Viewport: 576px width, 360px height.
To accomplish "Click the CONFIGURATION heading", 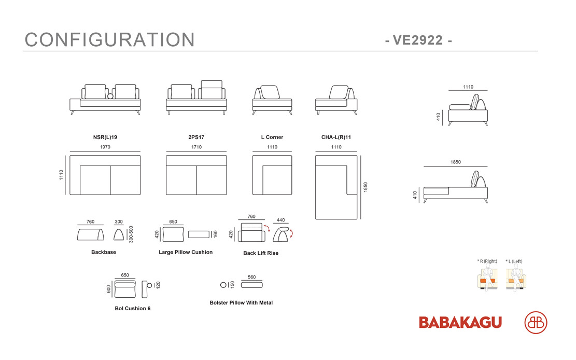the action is (x=109, y=40).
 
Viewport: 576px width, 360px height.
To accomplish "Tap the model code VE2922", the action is (x=418, y=40).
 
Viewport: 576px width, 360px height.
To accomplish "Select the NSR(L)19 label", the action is (x=105, y=137).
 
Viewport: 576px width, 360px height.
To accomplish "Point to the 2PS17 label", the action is (x=196, y=137).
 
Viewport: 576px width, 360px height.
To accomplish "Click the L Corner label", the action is (x=272, y=137).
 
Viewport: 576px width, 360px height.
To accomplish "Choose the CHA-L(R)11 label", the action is (x=336, y=137).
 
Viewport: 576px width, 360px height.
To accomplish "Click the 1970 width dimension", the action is (x=105, y=147).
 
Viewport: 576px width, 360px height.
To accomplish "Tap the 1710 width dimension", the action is (x=196, y=147).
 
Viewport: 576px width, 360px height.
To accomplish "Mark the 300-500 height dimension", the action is (x=131, y=234).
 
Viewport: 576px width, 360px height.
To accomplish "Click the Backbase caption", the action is (x=104, y=252).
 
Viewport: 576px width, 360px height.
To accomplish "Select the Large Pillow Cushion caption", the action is (x=186, y=252).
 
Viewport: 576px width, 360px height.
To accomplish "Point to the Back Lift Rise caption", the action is (x=261, y=253).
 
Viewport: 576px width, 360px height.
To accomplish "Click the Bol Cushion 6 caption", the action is (x=133, y=309).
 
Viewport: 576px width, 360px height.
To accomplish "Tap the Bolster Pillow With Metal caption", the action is (x=242, y=303).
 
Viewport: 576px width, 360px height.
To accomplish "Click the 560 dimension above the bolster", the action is (x=251, y=278).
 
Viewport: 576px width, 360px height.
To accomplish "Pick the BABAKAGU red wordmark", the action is (x=460, y=323).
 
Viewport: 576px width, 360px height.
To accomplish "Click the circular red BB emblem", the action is (x=536, y=323).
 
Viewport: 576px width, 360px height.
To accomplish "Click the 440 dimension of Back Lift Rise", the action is (x=280, y=220).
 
